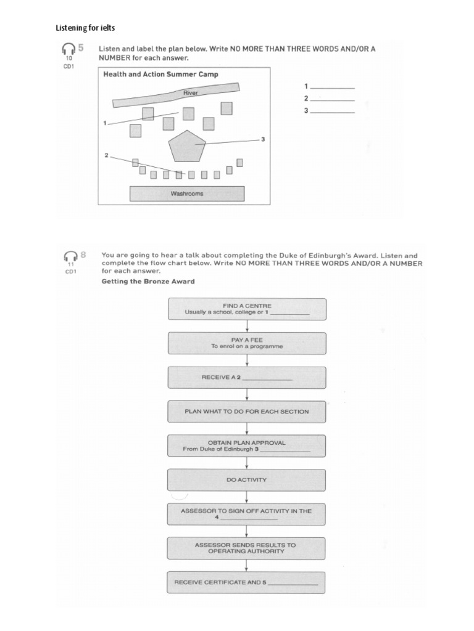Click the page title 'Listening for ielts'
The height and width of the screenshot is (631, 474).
85,28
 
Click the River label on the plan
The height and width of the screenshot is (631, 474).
191,93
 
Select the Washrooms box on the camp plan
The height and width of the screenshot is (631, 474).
186,193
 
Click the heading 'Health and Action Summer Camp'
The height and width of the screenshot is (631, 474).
160,75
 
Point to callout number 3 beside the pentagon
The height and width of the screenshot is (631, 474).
263,139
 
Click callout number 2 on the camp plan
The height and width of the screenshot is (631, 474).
106,156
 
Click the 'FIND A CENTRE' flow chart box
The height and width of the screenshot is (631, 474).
247,309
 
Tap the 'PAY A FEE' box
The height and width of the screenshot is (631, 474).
247,343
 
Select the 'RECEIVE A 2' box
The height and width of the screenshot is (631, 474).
247,377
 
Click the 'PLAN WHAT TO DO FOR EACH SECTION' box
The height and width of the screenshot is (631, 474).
247,411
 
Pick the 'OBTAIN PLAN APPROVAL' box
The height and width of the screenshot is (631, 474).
247,446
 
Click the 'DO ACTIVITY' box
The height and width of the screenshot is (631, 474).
247,479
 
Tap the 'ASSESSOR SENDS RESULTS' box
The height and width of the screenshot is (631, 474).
247,548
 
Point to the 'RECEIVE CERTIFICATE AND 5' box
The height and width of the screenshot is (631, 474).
247,582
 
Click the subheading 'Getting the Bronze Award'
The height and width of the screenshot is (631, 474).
148,282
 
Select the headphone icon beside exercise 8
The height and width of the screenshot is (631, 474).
70,256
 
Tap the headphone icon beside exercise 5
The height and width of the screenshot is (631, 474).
69,49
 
